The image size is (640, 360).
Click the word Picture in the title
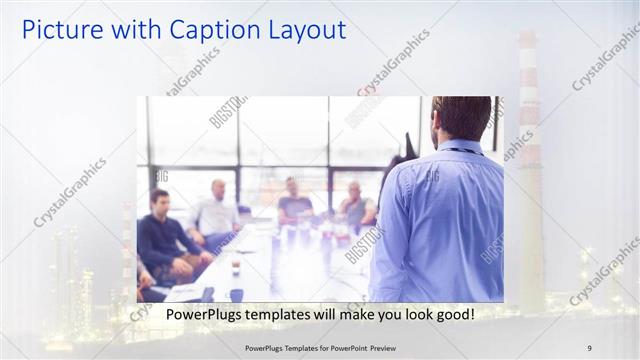pos(62,30)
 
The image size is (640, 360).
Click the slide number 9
pos(589,348)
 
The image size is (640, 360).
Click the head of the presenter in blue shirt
pos(461,118)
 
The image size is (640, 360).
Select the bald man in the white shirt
pos(216,210)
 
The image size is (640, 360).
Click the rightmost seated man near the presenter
pos(355,205)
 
